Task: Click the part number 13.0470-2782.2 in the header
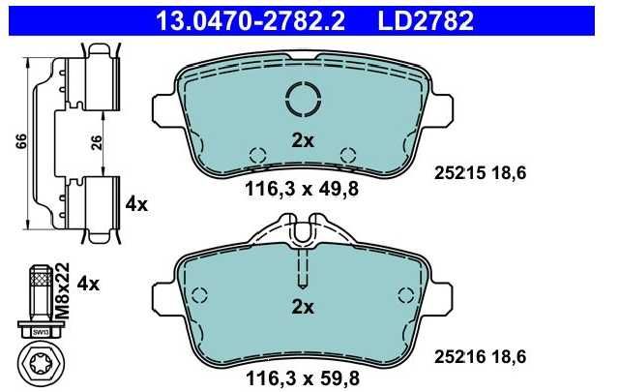pos(251,21)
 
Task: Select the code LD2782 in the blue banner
pos(426,21)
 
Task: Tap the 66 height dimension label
pos(21,141)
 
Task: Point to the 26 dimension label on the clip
pos(97,142)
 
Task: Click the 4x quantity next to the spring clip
pos(136,204)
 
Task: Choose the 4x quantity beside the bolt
pos(88,284)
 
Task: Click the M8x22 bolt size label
pos(62,290)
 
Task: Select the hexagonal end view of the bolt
pos(40,362)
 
